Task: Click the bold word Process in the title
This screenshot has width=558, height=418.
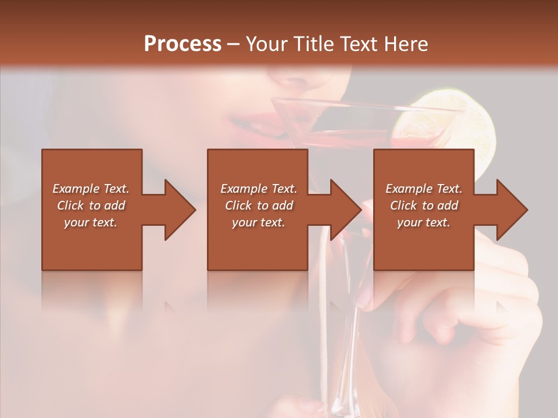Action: tap(183, 44)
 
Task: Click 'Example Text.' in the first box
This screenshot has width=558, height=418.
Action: tap(91, 189)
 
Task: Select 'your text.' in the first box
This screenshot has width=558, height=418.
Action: tap(91, 222)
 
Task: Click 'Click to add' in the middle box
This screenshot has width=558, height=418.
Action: tap(259, 206)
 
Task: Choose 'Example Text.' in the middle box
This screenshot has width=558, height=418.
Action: tap(259, 189)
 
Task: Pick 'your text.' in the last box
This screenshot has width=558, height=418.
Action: tap(424, 222)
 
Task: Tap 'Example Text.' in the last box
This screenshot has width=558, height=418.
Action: tap(424, 189)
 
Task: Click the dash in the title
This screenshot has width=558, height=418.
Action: tap(234, 44)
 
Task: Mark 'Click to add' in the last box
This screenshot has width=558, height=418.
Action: tap(424, 206)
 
